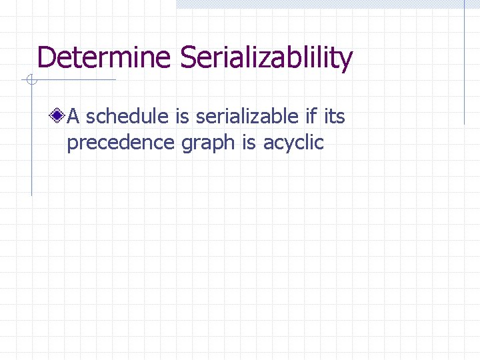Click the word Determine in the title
tap(105, 58)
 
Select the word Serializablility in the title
tap(265, 58)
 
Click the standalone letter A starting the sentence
tap(74, 117)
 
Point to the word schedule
tap(128, 117)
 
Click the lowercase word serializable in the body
tap(247, 117)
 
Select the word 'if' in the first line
tap(311, 117)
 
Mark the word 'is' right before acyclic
tap(249, 142)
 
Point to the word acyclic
tap(293, 143)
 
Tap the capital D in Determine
tap(45, 58)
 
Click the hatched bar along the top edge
tap(327, 4)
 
